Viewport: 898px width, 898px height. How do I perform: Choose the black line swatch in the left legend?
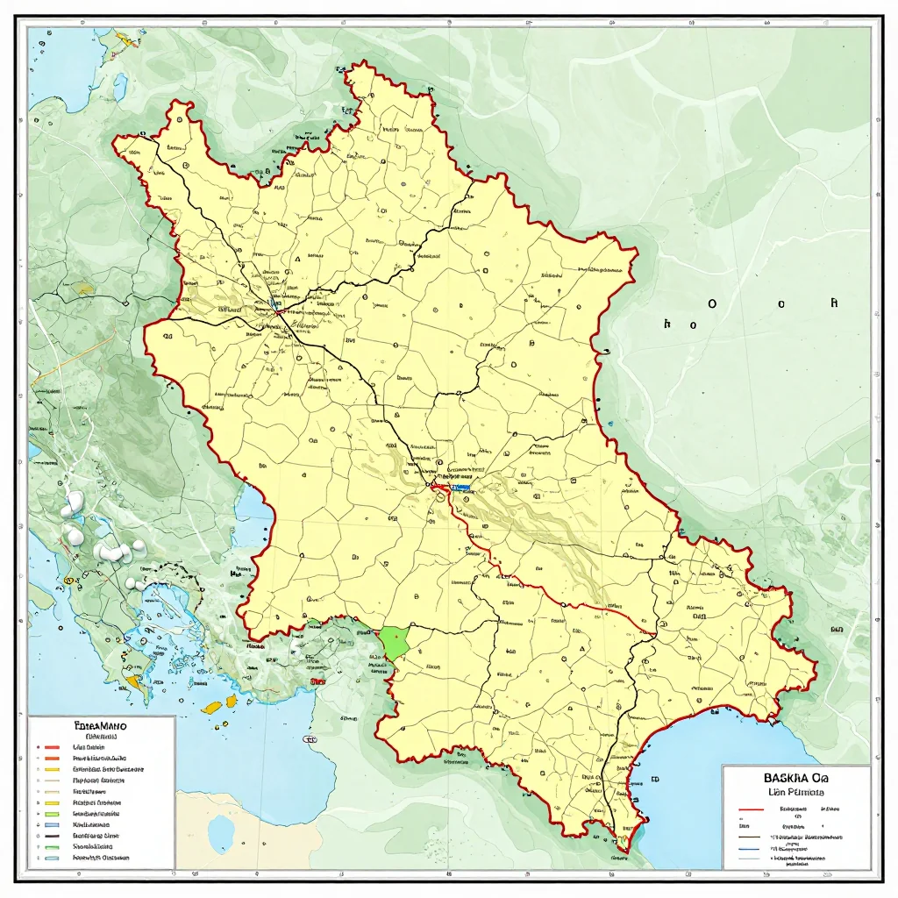(51, 836)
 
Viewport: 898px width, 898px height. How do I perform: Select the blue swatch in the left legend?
(51, 824)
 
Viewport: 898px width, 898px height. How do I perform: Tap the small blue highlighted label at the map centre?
(460, 486)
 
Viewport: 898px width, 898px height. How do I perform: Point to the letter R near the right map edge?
(834, 303)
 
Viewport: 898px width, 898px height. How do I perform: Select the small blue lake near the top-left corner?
(119, 85)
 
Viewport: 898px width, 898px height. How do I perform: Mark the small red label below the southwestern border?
(317, 680)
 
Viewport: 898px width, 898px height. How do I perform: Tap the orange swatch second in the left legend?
(51, 756)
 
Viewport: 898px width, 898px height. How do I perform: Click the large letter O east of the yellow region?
(711, 303)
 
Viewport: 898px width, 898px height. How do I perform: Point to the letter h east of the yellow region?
(668, 323)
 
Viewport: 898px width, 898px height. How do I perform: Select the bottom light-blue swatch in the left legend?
(51, 859)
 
